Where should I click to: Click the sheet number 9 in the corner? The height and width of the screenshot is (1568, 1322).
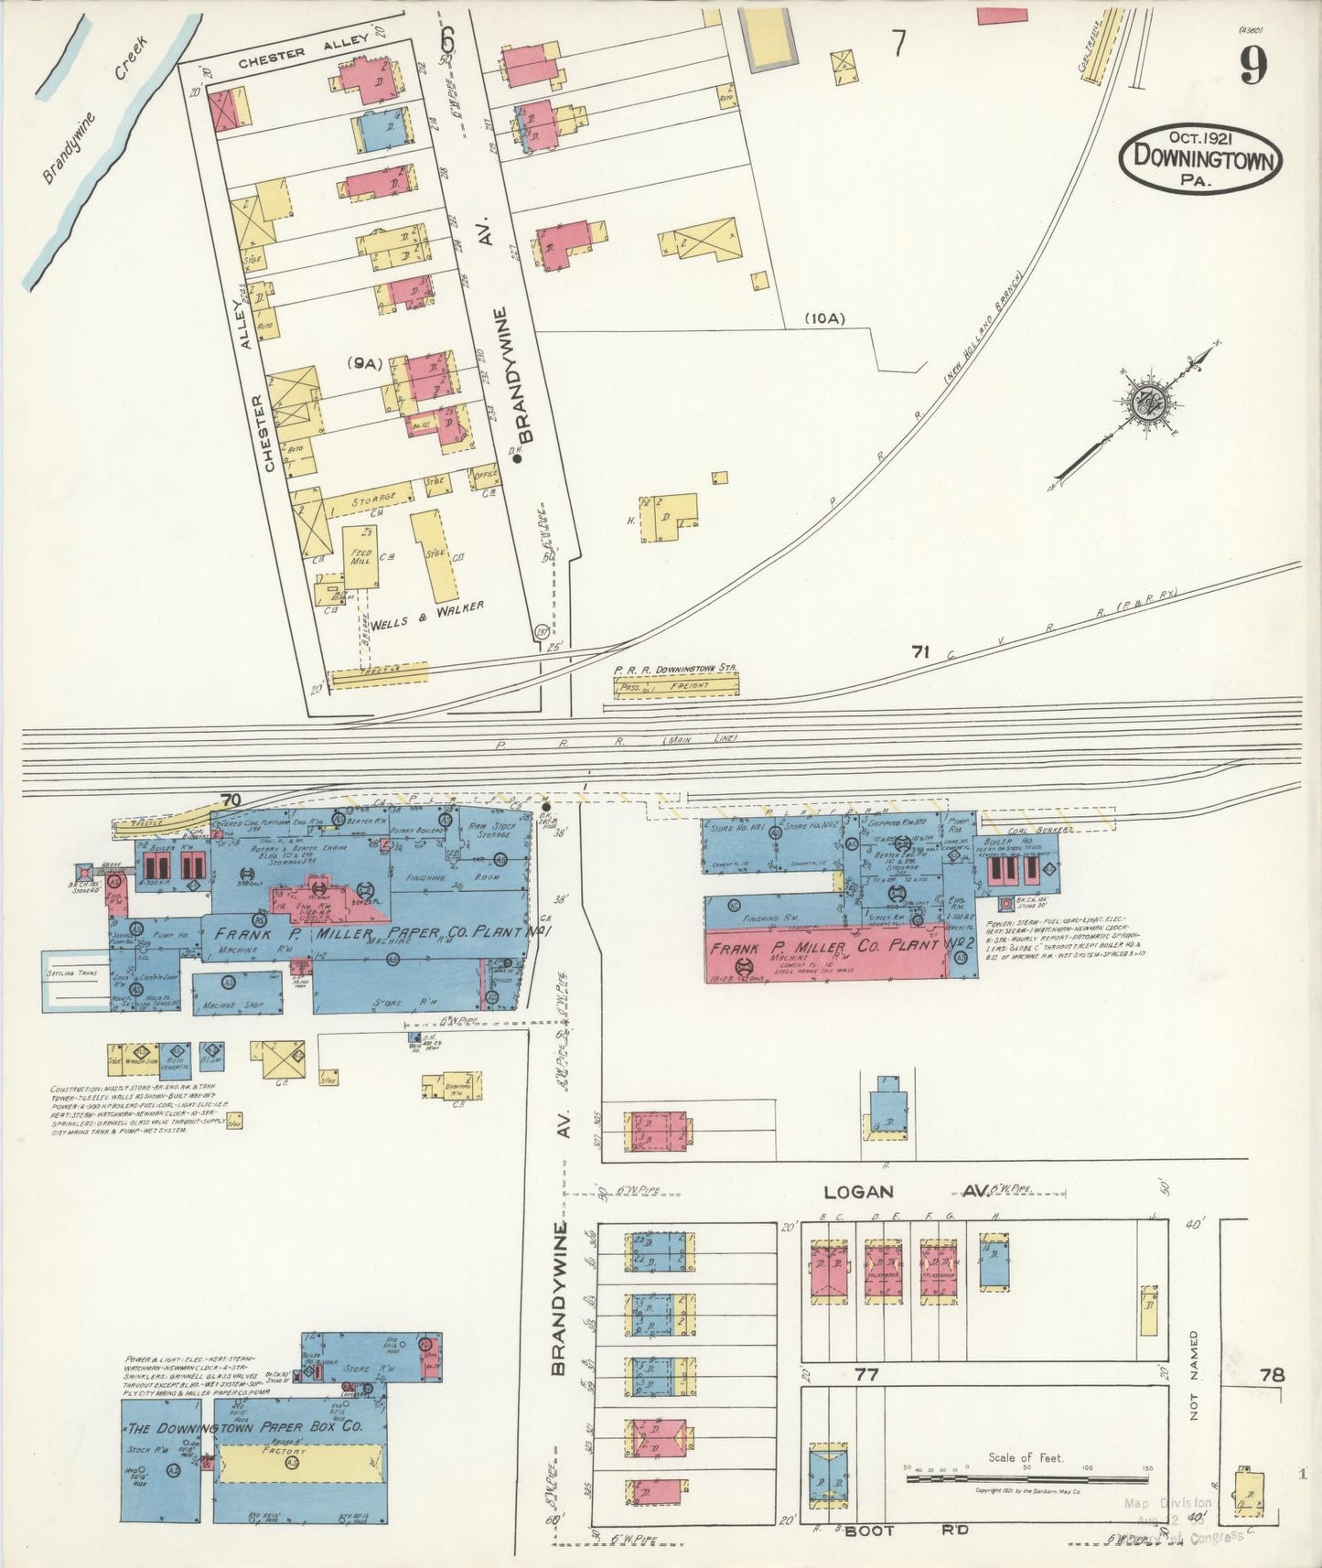pos(1253,66)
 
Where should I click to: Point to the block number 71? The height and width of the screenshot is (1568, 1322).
pos(919,652)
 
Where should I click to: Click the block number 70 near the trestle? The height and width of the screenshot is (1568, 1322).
pos(231,800)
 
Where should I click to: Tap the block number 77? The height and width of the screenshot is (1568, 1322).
pos(865,1373)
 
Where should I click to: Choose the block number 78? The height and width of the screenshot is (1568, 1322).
pos(1271,1374)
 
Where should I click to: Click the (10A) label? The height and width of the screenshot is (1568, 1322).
pos(824,318)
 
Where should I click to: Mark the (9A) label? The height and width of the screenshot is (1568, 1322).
pos(363,363)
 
